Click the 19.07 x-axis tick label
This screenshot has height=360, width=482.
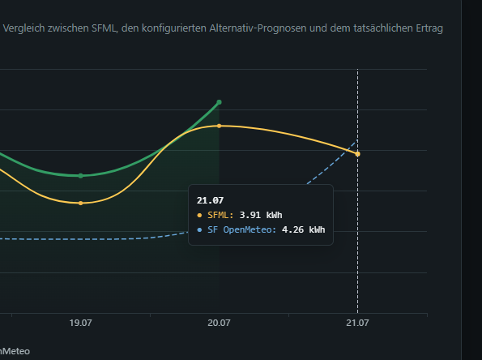(80, 323)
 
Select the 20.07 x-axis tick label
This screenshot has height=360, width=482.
(219, 323)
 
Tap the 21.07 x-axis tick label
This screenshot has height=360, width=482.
(357, 323)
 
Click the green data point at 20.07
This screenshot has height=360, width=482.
(220, 102)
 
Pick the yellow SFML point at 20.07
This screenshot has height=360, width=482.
(220, 126)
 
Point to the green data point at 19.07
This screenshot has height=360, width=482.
(80, 176)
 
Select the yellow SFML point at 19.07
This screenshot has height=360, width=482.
(80, 203)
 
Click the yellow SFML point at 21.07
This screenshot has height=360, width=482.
(357, 154)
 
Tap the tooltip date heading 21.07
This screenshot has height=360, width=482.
(211, 200)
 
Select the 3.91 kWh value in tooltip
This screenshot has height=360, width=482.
(261, 215)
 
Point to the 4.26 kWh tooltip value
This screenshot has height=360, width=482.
(304, 229)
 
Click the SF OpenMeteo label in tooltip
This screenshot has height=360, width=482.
(242, 229)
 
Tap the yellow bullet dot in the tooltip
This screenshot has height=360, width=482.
(199, 216)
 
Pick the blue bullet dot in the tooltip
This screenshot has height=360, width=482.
(199, 229)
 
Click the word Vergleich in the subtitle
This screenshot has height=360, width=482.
(23, 28)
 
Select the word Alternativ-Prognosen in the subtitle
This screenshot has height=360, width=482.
(258, 28)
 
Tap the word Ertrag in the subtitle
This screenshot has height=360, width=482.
(429, 28)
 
